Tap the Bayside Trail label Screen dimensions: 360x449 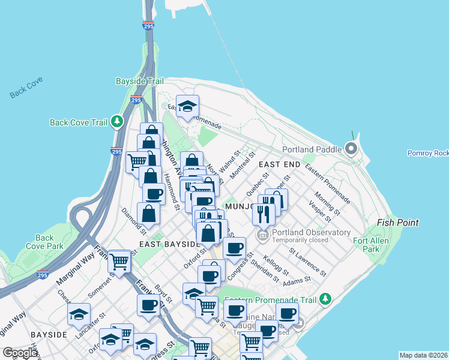(139, 81)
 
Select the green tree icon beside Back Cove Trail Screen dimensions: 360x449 (117, 122)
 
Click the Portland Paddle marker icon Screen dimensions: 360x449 (351, 149)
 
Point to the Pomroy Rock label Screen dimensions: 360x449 (428, 154)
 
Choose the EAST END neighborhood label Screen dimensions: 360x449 (279, 164)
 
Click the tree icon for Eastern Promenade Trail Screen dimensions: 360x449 (326, 298)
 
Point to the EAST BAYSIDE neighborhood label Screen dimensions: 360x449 (169, 244)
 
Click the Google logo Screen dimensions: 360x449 (20, 353)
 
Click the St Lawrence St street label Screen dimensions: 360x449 (307, 262)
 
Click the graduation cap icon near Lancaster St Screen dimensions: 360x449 (79, 314)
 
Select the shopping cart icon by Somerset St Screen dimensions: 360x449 (119, 260)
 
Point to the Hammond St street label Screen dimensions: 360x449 (172, 191)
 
